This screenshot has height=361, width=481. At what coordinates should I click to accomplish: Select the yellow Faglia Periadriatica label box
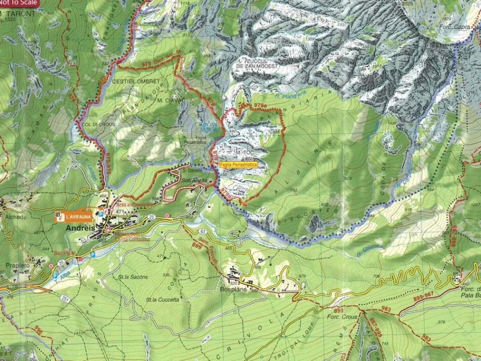pyautogui.click(x=238, y=164)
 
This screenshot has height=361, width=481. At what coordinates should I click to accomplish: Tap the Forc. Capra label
pyautogui.click(x=455, y=27)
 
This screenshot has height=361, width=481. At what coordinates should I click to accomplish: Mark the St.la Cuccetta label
pyautogui.click(x=163, y=299)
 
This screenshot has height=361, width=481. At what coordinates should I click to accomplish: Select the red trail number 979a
pyautogui.click(x=260, y=105)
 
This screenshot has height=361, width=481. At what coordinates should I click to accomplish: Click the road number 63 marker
pyautogui.click(x=203, y=231)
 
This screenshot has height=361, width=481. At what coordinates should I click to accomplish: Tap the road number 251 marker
pyautogui.click(x=64, y=299)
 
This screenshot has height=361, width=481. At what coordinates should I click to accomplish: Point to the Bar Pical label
pyautogui.click(x=65, y=252)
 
